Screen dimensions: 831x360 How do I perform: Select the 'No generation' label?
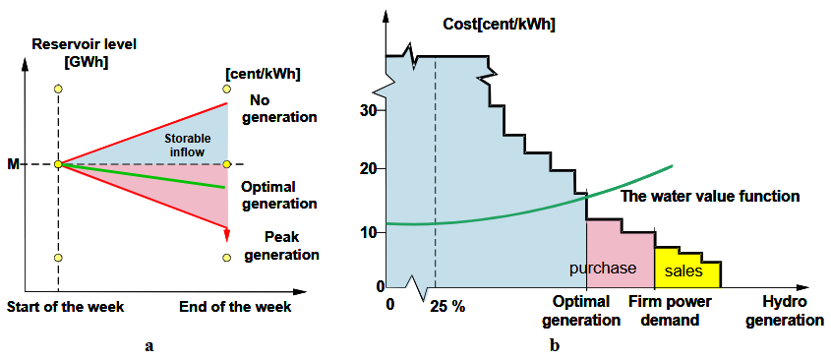[278, 107]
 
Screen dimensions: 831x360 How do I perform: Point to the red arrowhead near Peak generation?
[227, 234]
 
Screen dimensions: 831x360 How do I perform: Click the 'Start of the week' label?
[65, 307]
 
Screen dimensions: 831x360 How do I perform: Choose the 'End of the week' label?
[235, 307]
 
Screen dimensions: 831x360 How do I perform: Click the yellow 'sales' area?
[683, 271]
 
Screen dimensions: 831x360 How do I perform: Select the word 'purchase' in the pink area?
[603, 269]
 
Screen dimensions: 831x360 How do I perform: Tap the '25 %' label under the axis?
[447, 307]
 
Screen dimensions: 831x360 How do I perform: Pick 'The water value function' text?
[710, 196]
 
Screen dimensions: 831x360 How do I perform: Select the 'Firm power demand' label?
[670, 311]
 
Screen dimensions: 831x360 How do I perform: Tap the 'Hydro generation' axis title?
[786, 311]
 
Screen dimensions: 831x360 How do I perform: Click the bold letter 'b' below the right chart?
[555, 346]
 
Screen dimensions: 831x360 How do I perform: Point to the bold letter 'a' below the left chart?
[148, 347]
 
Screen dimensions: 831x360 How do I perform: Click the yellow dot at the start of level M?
[58, 164]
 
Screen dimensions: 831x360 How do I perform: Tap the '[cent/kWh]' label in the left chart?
[263, 75]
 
